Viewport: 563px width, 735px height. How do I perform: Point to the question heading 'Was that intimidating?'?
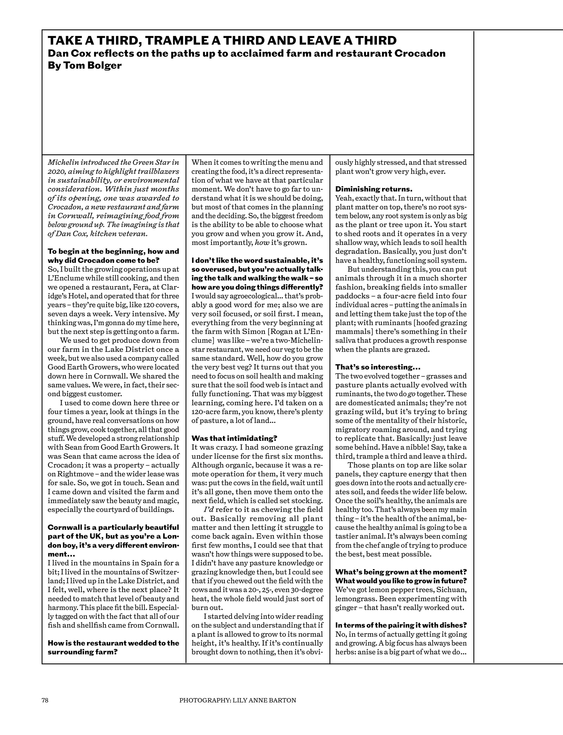(x=235, y=438)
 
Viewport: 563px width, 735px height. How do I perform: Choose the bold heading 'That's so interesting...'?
(x=378, y=367)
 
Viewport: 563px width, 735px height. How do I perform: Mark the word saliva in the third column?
(x=346, y=340)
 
